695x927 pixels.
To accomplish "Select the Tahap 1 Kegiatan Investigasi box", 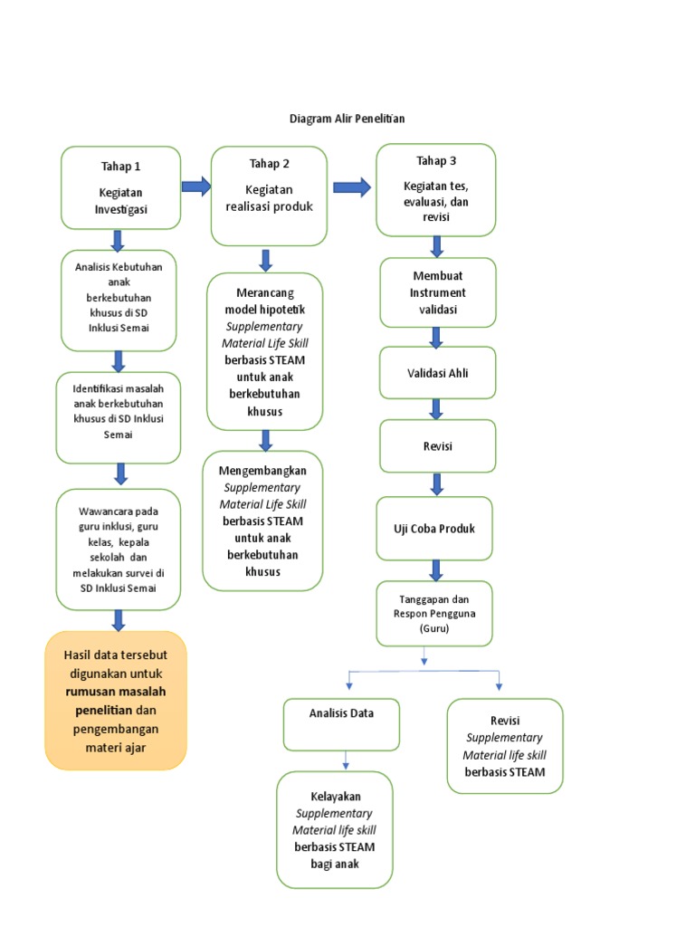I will click(x=120, y=187).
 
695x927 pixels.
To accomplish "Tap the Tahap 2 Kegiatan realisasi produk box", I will click(x=269, y=196).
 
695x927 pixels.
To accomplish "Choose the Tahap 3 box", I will click(x=436, y=189).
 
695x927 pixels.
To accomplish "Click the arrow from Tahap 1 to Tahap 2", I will click(x=195, y=186).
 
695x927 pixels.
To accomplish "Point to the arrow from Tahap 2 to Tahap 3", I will click(x=352, y=187).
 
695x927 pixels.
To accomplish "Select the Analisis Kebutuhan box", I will click(x=119, y=301).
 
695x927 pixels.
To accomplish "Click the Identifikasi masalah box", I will click(x=119, y=417).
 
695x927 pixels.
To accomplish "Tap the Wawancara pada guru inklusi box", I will click(x=119, y=549).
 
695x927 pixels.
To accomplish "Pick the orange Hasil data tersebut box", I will click(x=116, y=700).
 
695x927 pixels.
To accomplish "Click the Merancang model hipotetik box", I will click(x=264, y=351).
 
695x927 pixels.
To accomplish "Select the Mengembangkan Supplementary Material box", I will click(x=262, y=521).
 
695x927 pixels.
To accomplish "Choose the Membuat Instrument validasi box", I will click(x=438, y=292).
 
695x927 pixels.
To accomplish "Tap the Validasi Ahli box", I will click(x=438, y=372).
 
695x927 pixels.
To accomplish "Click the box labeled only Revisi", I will click(x=438, y=446).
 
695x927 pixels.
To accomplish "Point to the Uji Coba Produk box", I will click(x=434, y=528).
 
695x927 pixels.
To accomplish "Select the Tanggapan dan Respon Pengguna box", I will click(x=434, y=613).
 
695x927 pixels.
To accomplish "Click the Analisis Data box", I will click(x=341, y=724).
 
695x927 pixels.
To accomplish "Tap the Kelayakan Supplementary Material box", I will click(x=335, y=829).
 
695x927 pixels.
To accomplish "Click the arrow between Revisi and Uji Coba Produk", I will click(x=437, y=484).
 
